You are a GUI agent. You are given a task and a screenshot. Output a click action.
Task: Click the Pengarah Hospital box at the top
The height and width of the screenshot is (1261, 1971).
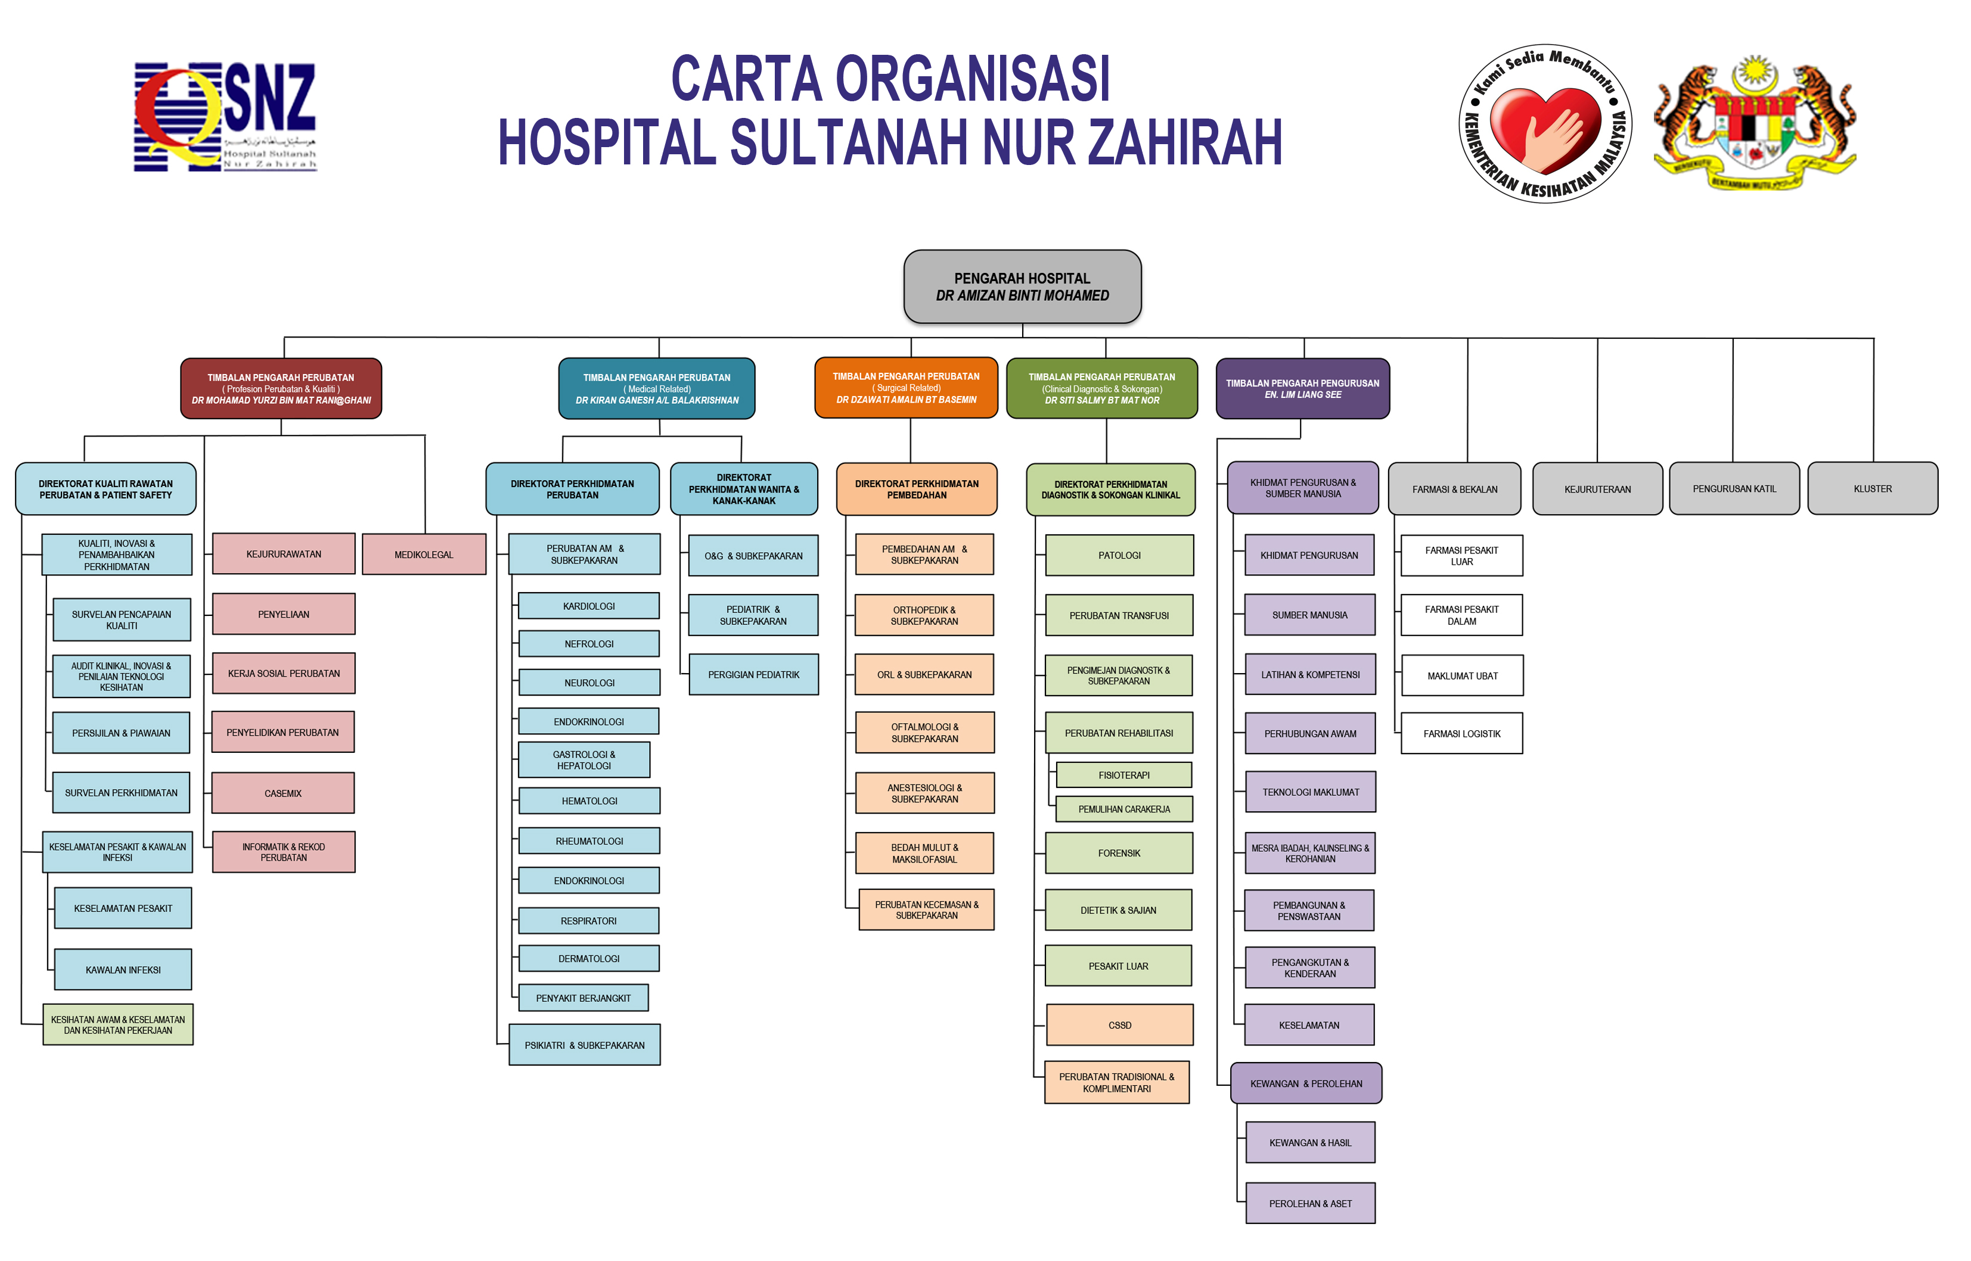click(x=1022, y=287)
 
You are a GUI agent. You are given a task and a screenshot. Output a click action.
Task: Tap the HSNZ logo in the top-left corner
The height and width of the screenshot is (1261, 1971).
click(x=225, y=117)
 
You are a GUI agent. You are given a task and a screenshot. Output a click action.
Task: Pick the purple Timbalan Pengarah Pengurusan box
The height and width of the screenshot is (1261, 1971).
click(x=1302, y=388)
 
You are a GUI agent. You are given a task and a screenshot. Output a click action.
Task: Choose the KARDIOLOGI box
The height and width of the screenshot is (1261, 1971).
click(x=588, y=606)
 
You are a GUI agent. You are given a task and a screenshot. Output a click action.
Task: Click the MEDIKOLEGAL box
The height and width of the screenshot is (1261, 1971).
click(x=424, y=555)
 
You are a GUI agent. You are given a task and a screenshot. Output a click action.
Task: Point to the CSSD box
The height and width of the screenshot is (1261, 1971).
click(x=1119, y=1025)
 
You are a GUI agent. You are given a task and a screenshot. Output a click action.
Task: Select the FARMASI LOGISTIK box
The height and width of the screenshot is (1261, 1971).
click(x=1461, y=734)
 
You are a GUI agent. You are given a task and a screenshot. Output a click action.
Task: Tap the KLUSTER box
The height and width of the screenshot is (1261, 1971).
click(x=1872, y=489)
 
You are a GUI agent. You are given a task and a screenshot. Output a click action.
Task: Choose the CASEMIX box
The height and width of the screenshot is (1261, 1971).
click(x=283, y=793)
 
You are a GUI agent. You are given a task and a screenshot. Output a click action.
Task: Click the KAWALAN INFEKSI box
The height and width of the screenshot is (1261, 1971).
click(x=123, y=970)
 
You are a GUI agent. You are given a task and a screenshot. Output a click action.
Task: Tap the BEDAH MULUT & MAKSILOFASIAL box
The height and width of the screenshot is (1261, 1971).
click(x=924, y=853)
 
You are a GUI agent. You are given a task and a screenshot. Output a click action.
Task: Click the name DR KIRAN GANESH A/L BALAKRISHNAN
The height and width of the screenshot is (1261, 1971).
click(x=656, y=400)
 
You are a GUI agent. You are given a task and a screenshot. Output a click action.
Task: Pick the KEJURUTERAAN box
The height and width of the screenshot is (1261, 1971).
click(x=1597, y=489)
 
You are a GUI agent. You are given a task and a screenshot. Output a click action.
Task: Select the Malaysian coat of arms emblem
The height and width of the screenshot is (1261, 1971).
click(x=1754, y=124)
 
